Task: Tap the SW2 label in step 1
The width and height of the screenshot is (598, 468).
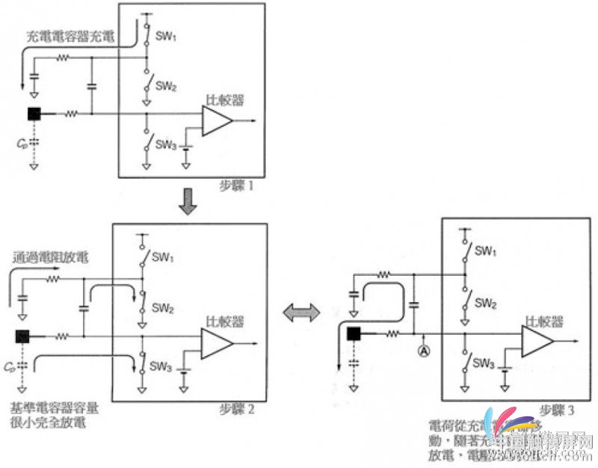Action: tap(164, 86)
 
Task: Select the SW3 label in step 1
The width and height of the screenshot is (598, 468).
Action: tap(165, 143)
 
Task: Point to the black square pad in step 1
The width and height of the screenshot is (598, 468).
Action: tap(34, 114)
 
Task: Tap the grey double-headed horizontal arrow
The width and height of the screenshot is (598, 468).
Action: tap(301, 314)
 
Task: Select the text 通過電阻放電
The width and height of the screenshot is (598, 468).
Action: tap(50, 259)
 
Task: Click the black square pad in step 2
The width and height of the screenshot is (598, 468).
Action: tap(22, 336)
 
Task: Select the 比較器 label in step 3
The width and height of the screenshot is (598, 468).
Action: tap(543, 321)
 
